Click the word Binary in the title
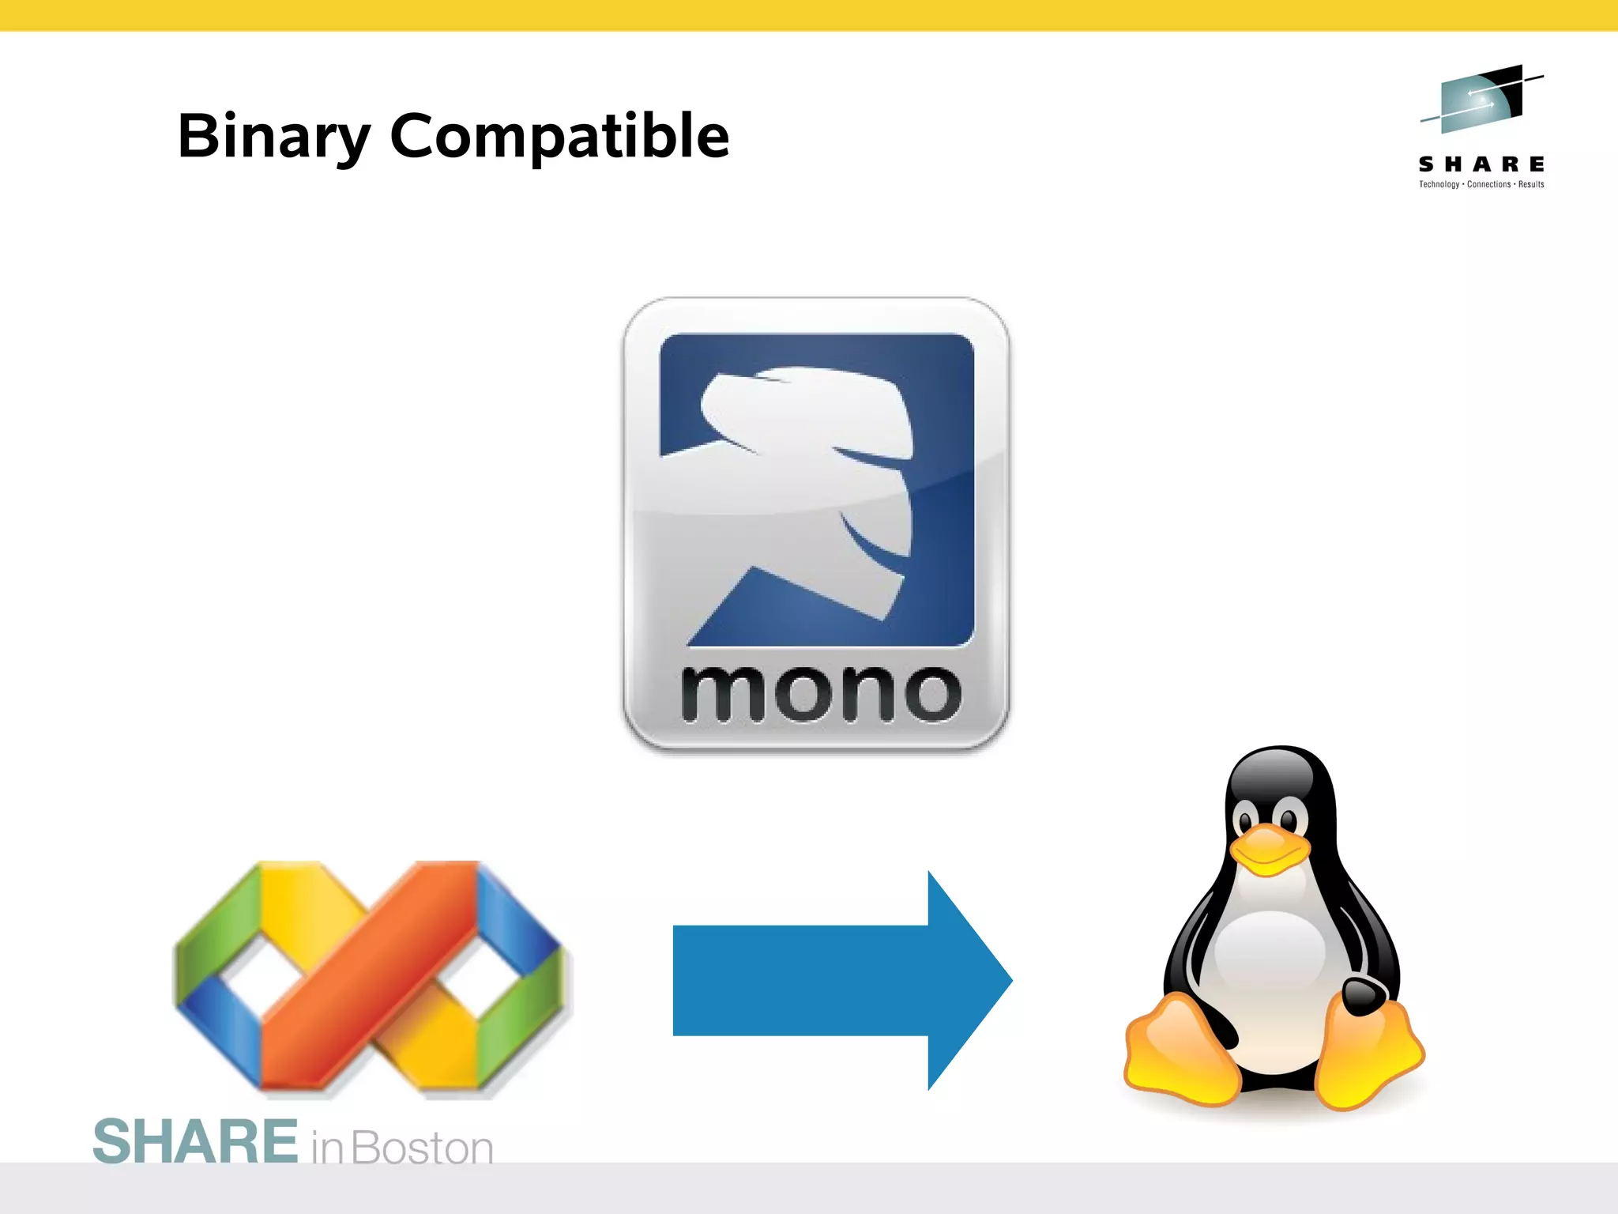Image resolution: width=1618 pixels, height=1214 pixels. pyautogui.click(x=273, y=136)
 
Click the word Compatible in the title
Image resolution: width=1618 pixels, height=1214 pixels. pyautogui.click(x=559, y=136)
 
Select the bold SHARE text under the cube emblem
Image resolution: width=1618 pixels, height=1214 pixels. pyautogui.click(x=1481, y=164)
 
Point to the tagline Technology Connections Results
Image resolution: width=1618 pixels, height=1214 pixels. pyautogui.click(x=1481, y=185)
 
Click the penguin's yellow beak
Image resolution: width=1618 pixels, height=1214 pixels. pyautogui.click(x=1268, y=850)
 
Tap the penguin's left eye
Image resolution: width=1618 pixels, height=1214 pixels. pyautogui.click(x=1248, y=816)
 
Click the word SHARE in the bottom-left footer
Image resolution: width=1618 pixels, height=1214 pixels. pyautogui.click(x=195, y=1142)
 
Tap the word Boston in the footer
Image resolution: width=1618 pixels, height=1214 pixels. pyautogui.click(x=423, y=1148)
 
